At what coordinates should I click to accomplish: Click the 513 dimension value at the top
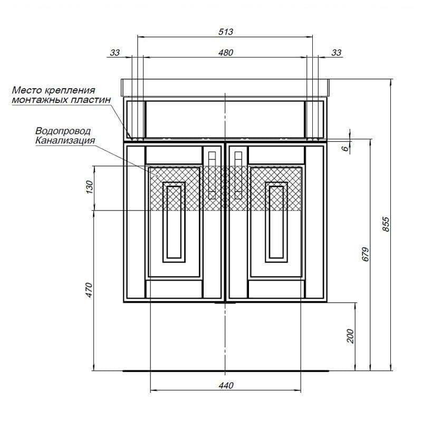pyautogui.click(x=226, y=32)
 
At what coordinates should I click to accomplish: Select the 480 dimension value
pyautogui.click(x=226, y=52)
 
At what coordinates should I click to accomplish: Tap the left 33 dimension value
pyautogui.click(x=114, y=52)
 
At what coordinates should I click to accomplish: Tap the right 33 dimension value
pyautogui.click(x=337, y=52)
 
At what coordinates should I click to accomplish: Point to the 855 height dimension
pyautogui.click(x=386, y=224)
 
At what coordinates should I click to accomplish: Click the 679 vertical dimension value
pyautogui.click(x=365, y=254)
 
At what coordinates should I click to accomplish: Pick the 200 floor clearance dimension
pyautogui.click(x=350, y=336)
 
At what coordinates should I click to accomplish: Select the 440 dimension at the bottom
pyautogui.click(x=226, y=386)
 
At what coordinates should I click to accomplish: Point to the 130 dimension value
pyautogui.click(x=89, y=187)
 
